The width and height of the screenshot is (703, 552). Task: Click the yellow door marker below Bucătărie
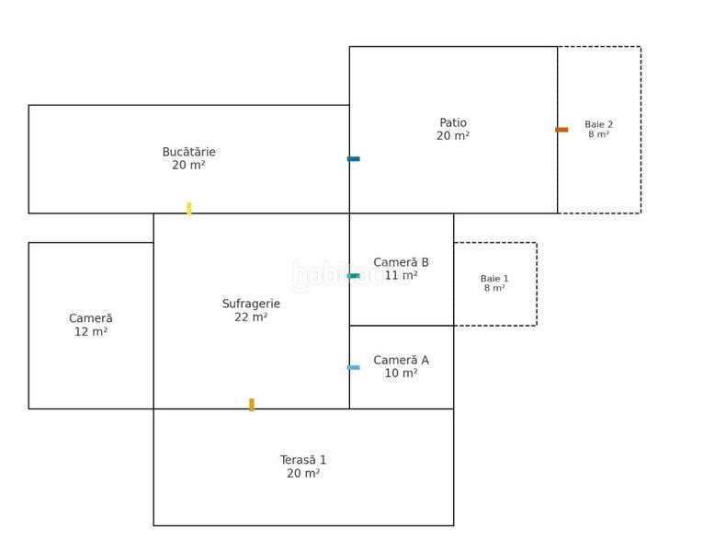(189, 209)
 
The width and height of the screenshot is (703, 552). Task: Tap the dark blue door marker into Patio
(354, 159)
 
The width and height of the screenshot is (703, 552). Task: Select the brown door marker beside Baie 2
(561, 130)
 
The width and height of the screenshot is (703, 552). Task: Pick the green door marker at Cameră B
(354, 276)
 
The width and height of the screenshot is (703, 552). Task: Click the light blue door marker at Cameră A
(354, 368)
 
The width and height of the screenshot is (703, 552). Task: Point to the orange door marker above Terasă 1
(252, 405)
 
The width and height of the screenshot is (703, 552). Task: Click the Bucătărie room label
(188, 152)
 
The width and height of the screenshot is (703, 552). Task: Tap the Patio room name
(453, 122)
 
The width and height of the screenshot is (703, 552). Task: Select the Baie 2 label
(598, 124)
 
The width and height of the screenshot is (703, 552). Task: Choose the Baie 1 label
(494, 278)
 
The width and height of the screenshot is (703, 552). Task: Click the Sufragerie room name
(251, 304)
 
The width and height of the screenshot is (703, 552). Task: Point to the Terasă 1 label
(303, 460)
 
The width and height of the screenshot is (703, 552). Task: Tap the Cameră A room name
(401, 360)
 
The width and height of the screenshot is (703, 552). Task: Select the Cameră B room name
(401, 262)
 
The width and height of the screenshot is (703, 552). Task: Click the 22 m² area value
(251, 317)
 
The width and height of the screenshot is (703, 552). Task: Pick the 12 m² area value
(91, 331)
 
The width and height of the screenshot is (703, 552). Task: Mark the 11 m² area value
(401, 275)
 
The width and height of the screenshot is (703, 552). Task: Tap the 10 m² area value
(401, 373)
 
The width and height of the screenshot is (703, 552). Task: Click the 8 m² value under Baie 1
(494, 288)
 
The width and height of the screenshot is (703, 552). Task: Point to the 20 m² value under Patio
(453, 135)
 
